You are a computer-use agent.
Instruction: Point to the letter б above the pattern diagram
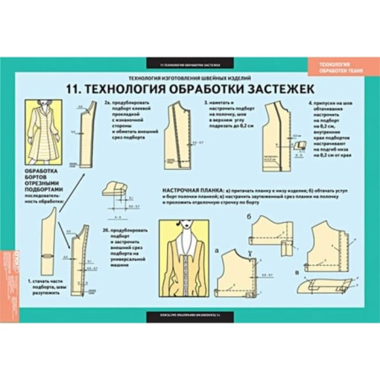247,214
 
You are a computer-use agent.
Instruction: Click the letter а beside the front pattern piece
220,251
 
